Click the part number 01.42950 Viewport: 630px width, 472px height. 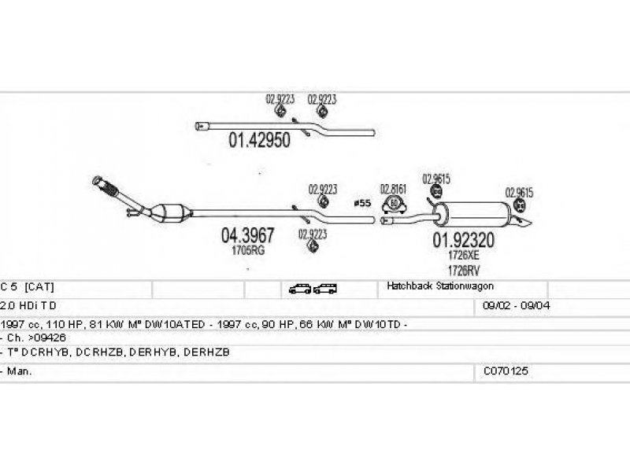click(x=259, y=142)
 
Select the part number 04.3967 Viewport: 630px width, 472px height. click(x=247, y=235)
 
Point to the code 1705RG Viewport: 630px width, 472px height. click(x=247, y=250)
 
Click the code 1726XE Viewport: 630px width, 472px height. click(x=462, y=256)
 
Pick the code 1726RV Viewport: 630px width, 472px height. click(x=462, y=270)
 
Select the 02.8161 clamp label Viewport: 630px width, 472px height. click(x=392, y=189)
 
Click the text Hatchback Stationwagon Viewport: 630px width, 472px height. click(x=439, y=286)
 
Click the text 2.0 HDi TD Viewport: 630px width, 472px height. click(x=29, y=305)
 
